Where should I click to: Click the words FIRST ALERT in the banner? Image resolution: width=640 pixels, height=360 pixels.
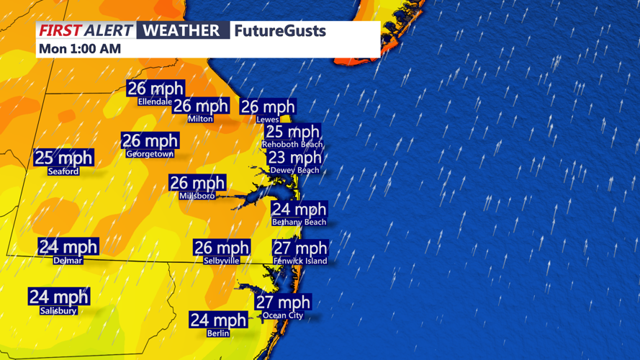pos(86,30)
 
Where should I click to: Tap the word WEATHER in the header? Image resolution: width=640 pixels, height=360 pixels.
pos(181,30)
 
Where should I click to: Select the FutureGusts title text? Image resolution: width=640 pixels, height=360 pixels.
pos(280,31)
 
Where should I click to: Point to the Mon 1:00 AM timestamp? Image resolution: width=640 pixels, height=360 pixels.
pos(80,49)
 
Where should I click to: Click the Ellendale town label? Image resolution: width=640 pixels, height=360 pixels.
pos(155,102)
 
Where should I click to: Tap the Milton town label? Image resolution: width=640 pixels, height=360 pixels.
pos(200,119)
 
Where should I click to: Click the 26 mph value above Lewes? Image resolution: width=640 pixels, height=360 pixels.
pos(268,107)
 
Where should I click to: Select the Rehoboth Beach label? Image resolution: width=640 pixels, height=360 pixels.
pos(292,145)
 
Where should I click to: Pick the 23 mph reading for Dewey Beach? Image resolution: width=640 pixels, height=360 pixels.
pos(295,158)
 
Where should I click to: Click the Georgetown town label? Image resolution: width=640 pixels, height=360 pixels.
pos(150,154)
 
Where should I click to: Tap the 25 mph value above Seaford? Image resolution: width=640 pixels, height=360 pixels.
pos(64,158)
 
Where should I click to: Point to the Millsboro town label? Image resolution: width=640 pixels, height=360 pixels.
pos(197,196)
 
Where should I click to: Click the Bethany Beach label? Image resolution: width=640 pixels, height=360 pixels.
pos(299,222)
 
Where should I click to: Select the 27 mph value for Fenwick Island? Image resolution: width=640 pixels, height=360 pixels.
pos(300,248)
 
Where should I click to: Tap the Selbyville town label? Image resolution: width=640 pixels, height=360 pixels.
pos(221,261)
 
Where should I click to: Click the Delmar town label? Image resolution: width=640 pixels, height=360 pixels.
pos(68,261)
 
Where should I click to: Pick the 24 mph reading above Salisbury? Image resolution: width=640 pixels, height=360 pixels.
pos(59,297)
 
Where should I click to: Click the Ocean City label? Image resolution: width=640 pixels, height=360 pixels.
pos(283,315)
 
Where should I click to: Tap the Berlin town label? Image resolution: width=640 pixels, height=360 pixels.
pos(218,333)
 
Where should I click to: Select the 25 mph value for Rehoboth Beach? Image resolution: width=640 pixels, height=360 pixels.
pos(292,132)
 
